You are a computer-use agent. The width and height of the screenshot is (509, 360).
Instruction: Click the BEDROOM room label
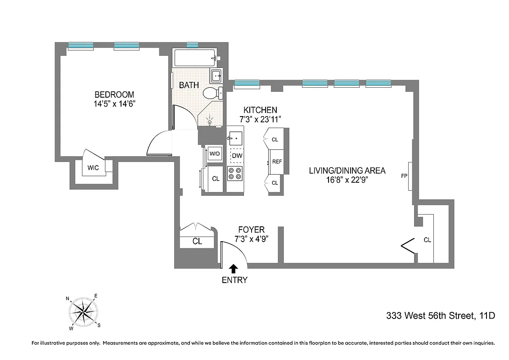pos(114,94)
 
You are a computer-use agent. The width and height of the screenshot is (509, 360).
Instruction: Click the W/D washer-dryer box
pos(215,153)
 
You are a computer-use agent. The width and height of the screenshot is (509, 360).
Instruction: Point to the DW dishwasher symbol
pos(237,156)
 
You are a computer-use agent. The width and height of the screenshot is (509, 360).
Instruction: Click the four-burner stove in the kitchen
pos(235,173)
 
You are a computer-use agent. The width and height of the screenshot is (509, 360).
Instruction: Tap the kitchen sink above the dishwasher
pos(235,136)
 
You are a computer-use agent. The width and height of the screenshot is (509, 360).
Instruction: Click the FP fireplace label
pos(404,175)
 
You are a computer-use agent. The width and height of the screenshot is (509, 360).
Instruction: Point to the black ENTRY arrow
pos(234,269)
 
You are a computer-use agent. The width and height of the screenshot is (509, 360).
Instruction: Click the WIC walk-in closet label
pos(93,168)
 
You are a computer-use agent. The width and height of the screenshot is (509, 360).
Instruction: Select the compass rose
pos(84,310)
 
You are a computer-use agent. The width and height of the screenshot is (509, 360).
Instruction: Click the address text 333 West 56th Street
pos(441,316)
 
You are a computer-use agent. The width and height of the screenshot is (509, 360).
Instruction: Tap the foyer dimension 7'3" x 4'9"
pos(252,239)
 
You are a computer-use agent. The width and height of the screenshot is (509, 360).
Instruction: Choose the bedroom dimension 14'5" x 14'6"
pos(114,103)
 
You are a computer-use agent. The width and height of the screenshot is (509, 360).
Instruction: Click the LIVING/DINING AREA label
pos(347,171)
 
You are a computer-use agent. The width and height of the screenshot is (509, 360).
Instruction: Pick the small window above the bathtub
pos(192,45)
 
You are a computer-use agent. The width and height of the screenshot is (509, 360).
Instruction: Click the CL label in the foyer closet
pos(197,241)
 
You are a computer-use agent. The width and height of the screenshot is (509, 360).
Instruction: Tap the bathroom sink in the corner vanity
pos(216,76)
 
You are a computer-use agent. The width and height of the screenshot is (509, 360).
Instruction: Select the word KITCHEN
pos(260,110)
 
